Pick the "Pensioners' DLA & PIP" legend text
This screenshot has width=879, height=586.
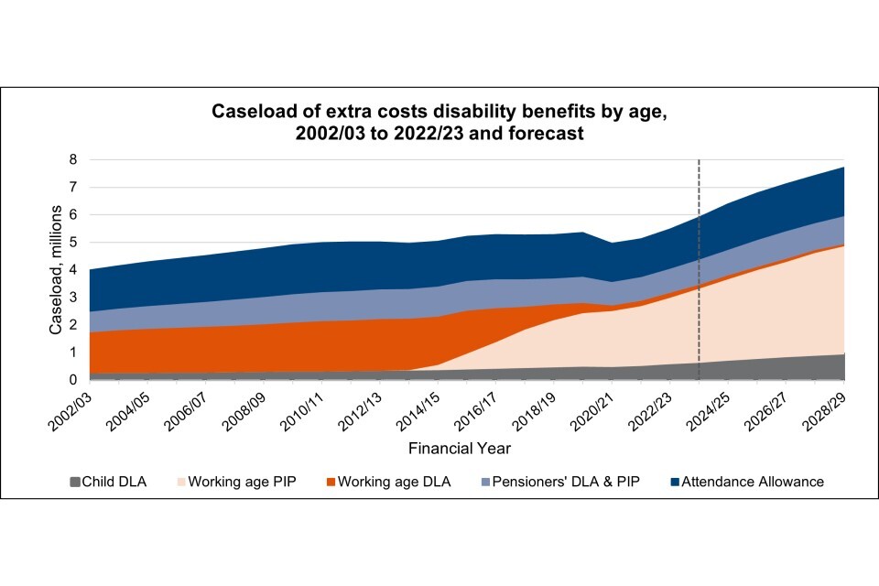(x=559, y=482)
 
